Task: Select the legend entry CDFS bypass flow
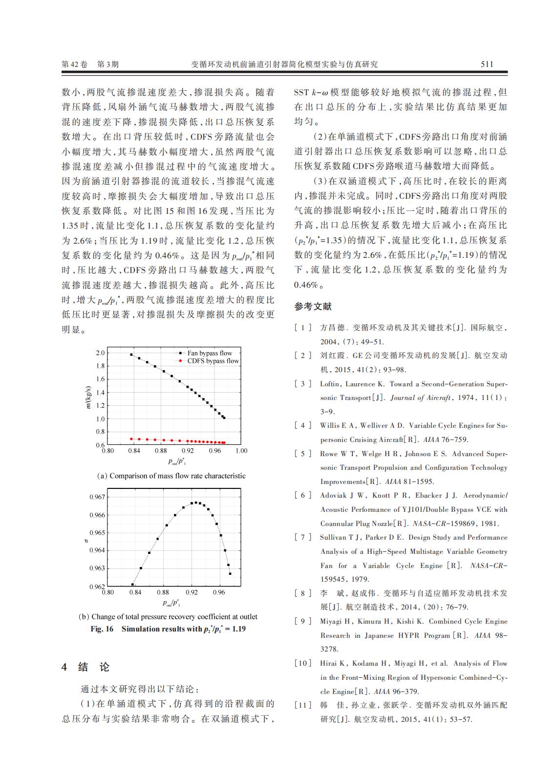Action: [x=213, y=361]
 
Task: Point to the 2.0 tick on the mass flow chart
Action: [x=100, y=353]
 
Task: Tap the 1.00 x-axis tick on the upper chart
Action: [x=241, y=451]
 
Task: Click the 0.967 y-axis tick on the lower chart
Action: [x=97, y=497]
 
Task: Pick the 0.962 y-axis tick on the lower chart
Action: [x=97, y=586]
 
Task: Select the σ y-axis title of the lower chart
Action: [x=86, y=541]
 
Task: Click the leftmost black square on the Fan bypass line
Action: [x=131, y=355]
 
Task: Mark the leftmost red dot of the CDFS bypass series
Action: [x=131, y=439]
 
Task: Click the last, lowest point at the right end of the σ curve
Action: [x=230, y=573]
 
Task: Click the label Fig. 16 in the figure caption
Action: [x=102, y=629]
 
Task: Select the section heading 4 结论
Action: [x=86, y=667]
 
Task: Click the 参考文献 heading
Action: [x=313, y=307]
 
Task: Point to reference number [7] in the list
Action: [x=302, y=537]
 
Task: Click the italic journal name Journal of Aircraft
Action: [x=420, y=398]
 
